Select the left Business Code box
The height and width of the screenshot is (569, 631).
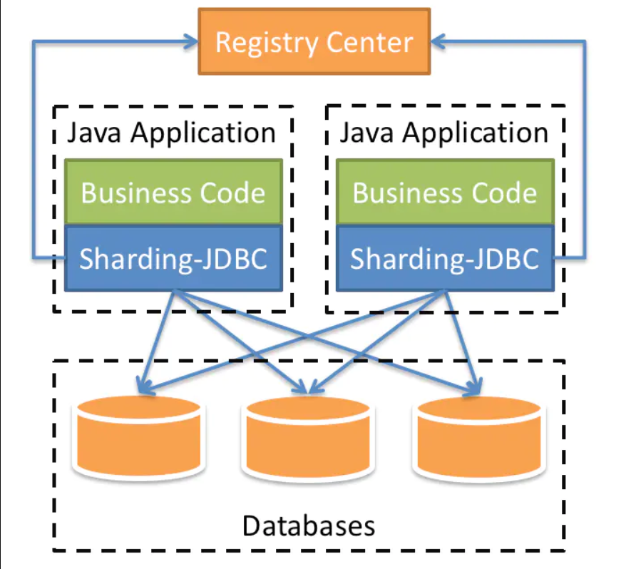tap(173, 193)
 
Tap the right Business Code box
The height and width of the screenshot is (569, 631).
tap(445, 193)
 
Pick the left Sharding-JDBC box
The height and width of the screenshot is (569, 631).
tap(173, 258)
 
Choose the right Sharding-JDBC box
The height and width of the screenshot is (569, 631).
tap(445, 258)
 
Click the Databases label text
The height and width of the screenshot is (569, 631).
tap(308, 526)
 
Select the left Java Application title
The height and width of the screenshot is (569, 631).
tap(171, 133)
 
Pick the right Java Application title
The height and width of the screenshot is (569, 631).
tap(443, 133)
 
